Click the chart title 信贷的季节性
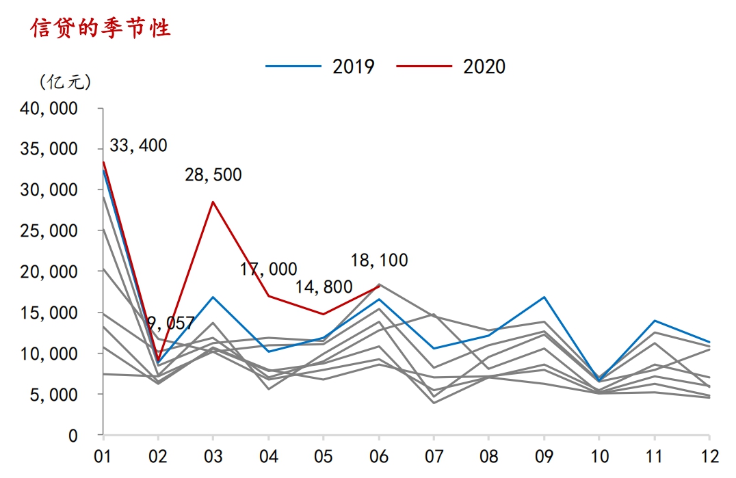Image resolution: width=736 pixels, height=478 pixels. point(101,28)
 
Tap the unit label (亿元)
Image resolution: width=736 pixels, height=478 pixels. point(65,82)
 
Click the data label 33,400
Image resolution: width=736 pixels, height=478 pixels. point(138,145)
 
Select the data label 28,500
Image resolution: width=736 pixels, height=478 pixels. point(213,175)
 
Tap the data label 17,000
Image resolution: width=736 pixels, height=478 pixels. point(268,269)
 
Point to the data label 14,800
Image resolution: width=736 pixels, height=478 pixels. point(324,287)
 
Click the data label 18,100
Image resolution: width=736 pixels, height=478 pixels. point(379,261)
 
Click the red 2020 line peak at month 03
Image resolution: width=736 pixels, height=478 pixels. point(213,202)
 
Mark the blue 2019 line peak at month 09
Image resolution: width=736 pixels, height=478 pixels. point(544,297)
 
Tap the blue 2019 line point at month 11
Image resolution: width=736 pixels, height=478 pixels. point(655,321)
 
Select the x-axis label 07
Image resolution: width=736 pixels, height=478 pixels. point(434,455)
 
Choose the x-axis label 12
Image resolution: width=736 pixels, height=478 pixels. point(709,455)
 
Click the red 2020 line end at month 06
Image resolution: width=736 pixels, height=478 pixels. point(379,287)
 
